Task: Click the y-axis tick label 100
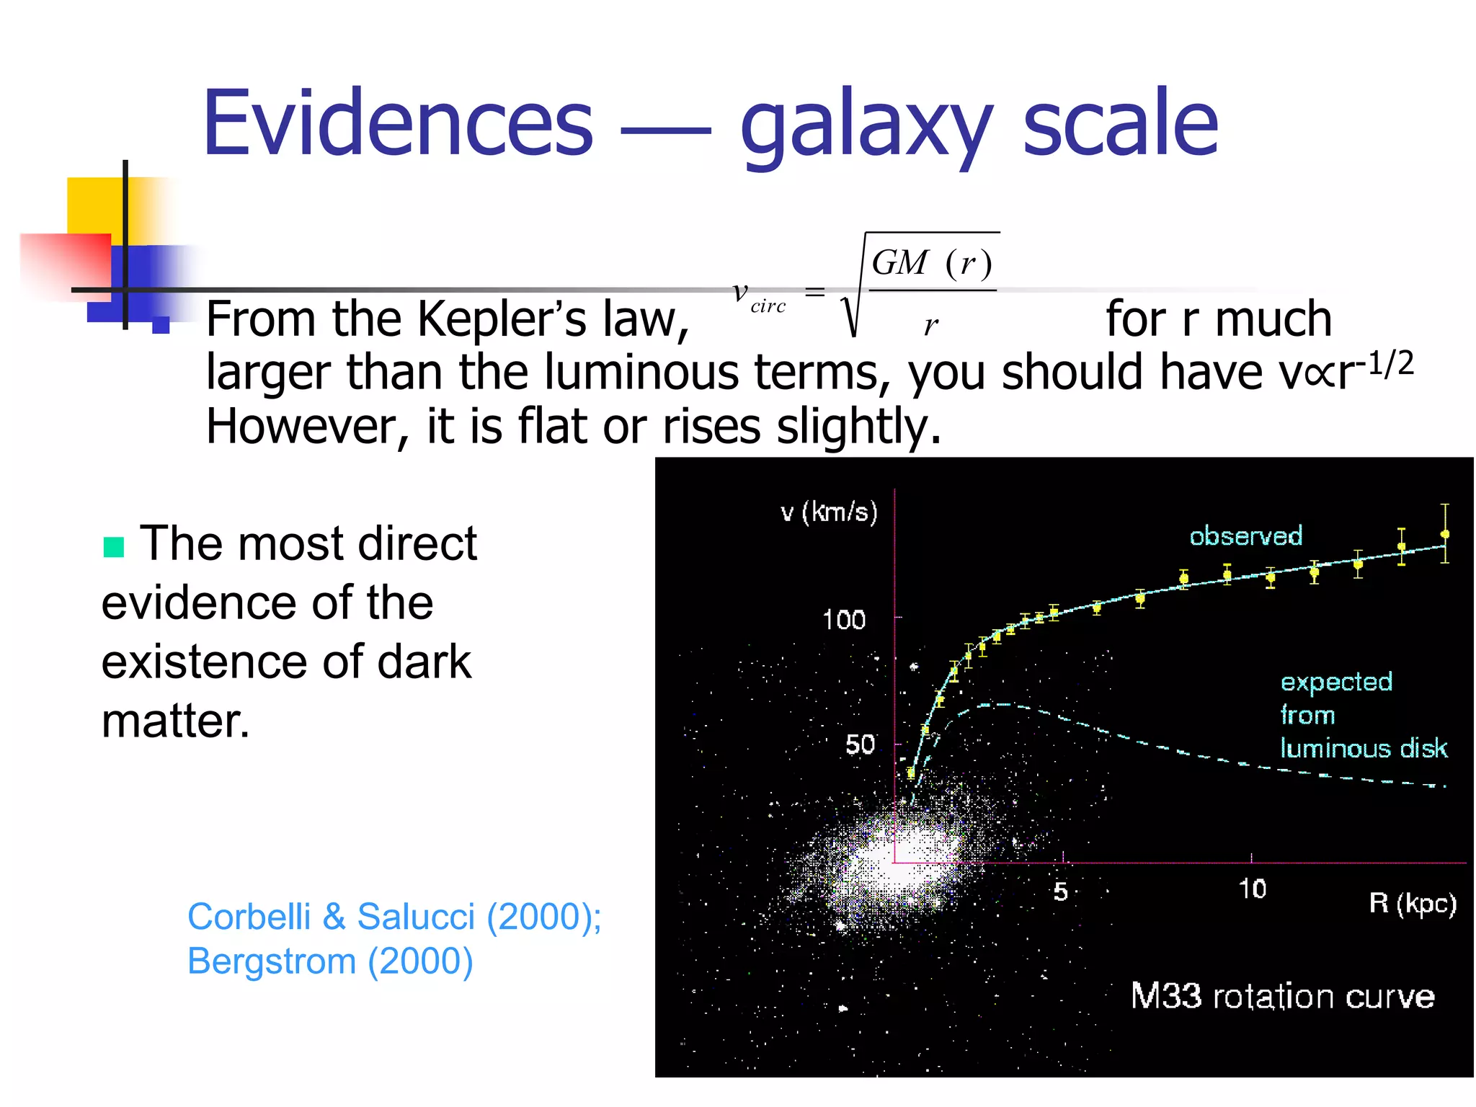tap(844, 621)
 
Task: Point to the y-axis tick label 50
tap(860, 744)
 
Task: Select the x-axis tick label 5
tap(1060, 892)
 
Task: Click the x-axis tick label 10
tap(1253, 889)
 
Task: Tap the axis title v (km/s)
tap(830, 512)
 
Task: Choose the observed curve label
tap(1246, 536)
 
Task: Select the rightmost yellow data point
tap(1445, 535)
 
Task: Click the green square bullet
tap(114, 547)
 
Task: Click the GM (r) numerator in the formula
tap(932, 262)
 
